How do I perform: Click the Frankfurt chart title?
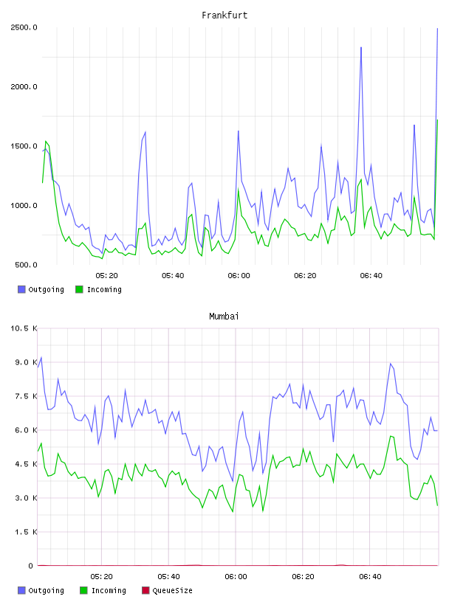click(224, 15)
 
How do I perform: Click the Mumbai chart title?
click(224, 316)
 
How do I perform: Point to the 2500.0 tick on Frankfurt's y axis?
click(24, 27)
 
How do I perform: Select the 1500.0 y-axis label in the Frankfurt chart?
click(24, 146)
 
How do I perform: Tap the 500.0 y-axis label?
click(26, 265)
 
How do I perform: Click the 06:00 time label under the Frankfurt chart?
click(239, 276)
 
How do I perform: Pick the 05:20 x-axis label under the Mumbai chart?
click(101, 577)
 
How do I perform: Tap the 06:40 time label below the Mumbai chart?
click(370, 577)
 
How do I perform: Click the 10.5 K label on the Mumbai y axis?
click(24, 328)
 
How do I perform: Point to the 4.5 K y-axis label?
click(26, 464)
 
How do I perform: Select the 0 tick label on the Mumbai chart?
click(31, 566)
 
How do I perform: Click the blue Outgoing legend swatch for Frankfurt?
click(21, 289)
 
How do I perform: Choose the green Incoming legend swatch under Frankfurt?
click(79, 289)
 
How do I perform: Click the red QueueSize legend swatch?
click(145, 590)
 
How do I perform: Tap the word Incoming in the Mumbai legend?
click(109, 590)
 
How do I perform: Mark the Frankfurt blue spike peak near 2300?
click(361, 47)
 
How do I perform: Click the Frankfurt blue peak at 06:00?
click(239, 131)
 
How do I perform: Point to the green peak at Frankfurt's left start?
click(46, 141)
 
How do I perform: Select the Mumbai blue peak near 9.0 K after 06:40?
click(391, 363)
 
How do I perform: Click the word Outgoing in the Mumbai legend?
click(46, 590)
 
